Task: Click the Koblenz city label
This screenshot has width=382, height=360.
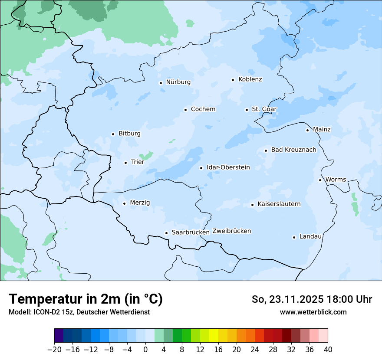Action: (x=250, y=79)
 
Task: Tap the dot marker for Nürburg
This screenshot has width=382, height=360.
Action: (x=161, y=83)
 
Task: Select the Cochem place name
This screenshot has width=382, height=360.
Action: (x=203, y=109)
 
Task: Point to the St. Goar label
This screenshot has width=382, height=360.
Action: (x=264, y=109)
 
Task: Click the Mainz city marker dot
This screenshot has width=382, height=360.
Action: (x=307, y=130)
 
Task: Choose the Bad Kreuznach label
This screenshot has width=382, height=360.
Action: (x=293, y=150)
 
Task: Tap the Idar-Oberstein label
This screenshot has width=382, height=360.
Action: (x=228, y=167)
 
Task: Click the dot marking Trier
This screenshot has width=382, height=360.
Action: (x=125, y=163)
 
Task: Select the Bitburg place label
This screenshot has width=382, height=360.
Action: (x=129, y=134)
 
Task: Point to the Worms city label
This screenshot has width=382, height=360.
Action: (x=336, y=180)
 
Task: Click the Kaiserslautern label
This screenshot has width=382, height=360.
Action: (x=279, y=204)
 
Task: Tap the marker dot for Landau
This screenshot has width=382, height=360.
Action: (x=294, y=237)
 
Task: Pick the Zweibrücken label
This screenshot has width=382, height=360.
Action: (x=231, y=231)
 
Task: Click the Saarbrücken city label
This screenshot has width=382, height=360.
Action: (x=191, y=232)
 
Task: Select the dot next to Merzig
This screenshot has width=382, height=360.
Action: (x=124, y=203)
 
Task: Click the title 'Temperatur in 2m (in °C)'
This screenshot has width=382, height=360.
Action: (x=86, y=299)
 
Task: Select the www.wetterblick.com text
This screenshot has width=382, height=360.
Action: (x=313, y=312)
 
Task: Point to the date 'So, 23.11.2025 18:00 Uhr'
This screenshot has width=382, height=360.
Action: (x=312, y=299)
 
